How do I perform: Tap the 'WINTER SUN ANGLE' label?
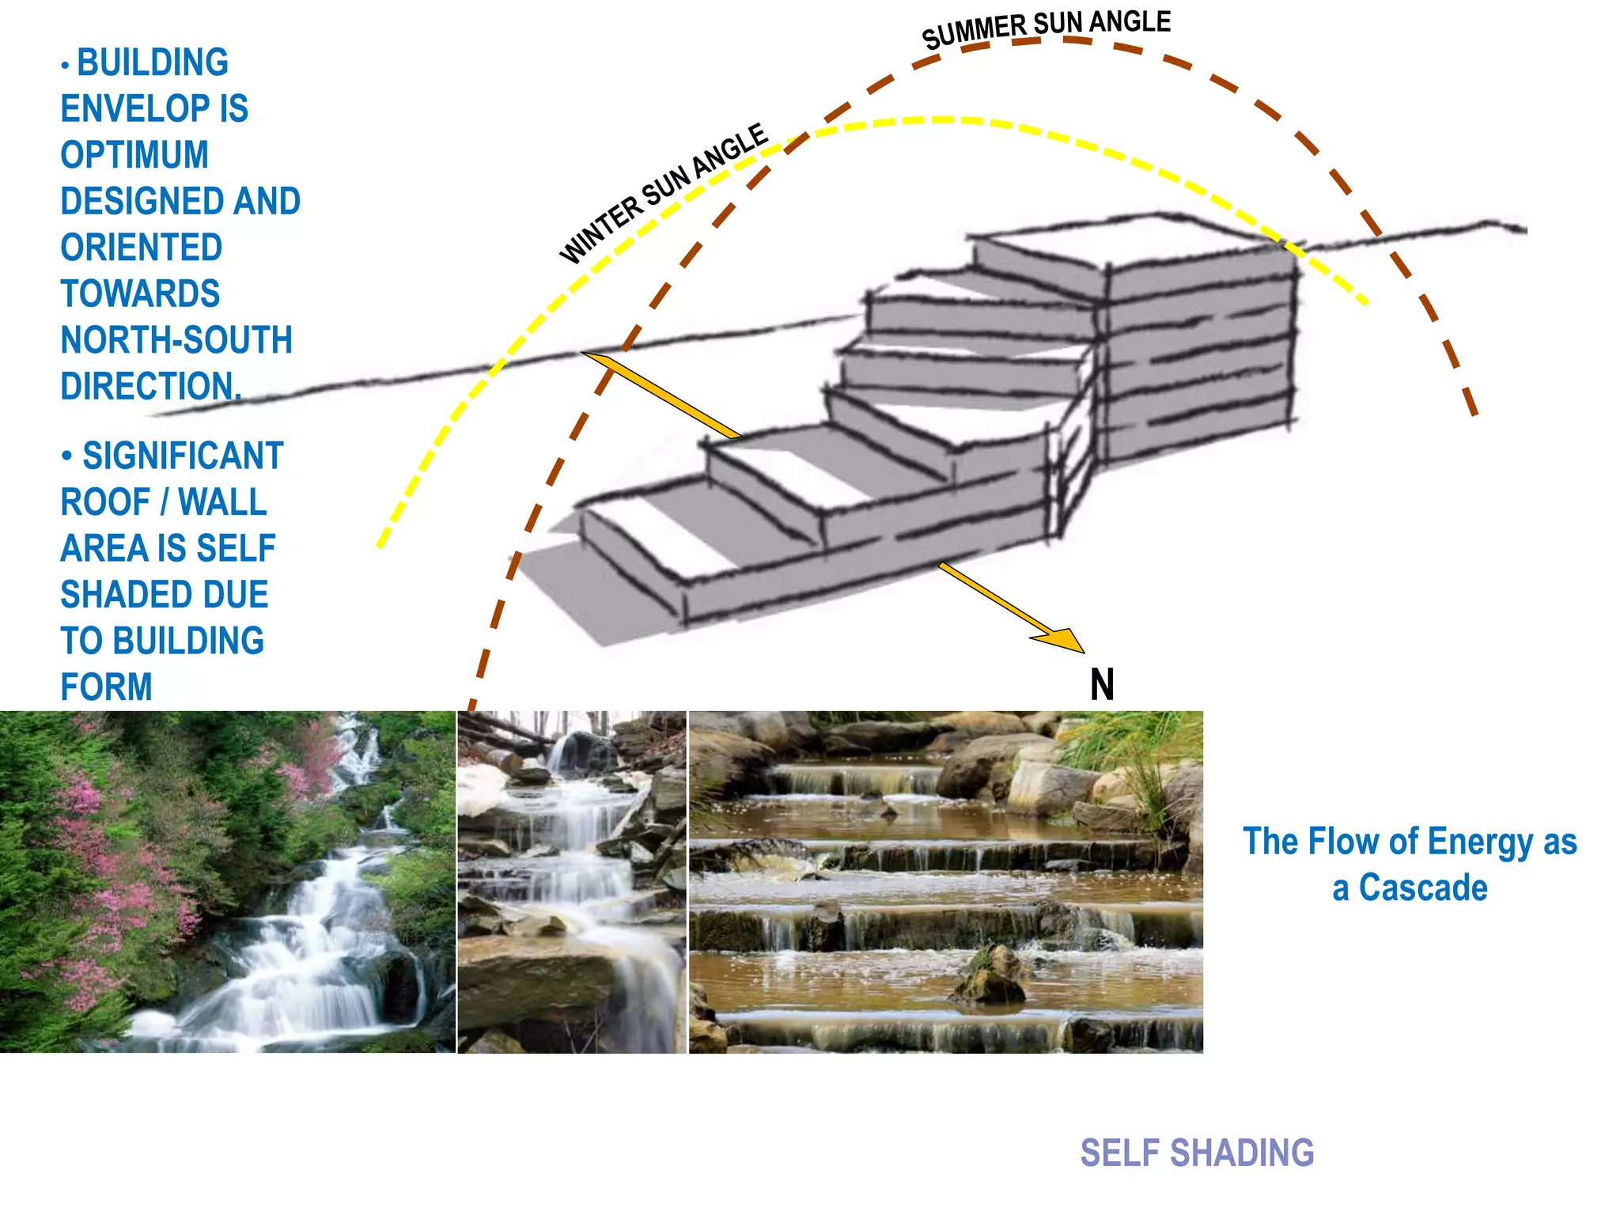pos(663,193)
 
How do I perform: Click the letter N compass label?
pos(1102,684)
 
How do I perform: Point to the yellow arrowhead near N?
pos(1063,638)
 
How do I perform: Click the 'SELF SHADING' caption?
pos(1197,1153)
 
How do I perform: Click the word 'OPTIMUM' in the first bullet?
pos(134,155)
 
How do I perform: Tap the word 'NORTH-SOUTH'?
pos(176,340)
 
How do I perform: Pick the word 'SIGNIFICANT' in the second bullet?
pos(183,456)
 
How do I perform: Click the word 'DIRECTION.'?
pos(150,387)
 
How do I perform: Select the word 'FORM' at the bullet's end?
pos(107,687)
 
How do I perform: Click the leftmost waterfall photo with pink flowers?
pos(228,882)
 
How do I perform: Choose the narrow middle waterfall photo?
pos(572,882)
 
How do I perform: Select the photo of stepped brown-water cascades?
pos(945,882)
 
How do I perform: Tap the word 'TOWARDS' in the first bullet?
pos(140,294)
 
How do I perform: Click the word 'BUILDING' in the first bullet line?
pos(153,63)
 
